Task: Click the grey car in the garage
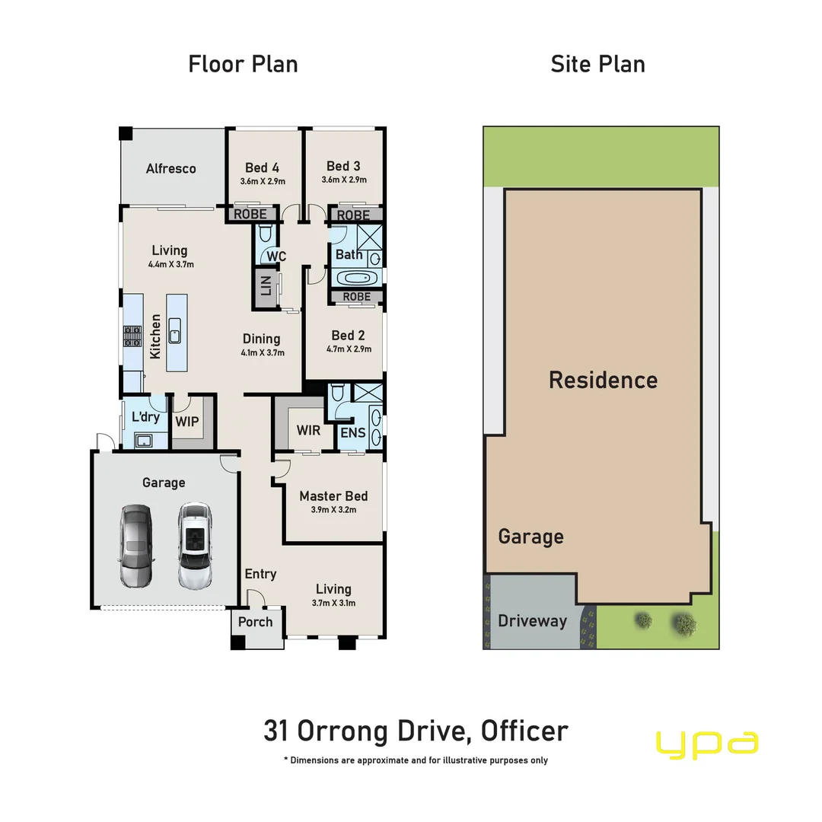136,546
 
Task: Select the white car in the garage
194,546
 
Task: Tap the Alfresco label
171,169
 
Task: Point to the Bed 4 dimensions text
262,181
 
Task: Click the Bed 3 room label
343,166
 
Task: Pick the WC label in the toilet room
276,256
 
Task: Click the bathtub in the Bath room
349,276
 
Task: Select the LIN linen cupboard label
266,287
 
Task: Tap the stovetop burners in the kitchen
132,336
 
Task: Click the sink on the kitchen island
175,333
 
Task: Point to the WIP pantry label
187,421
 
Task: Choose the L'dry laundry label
145,417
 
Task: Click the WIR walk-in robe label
308,431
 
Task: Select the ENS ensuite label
353,433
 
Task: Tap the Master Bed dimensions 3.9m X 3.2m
333,510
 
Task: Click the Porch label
255,622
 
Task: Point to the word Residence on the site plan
603,380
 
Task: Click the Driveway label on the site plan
532,621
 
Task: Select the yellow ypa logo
707,744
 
